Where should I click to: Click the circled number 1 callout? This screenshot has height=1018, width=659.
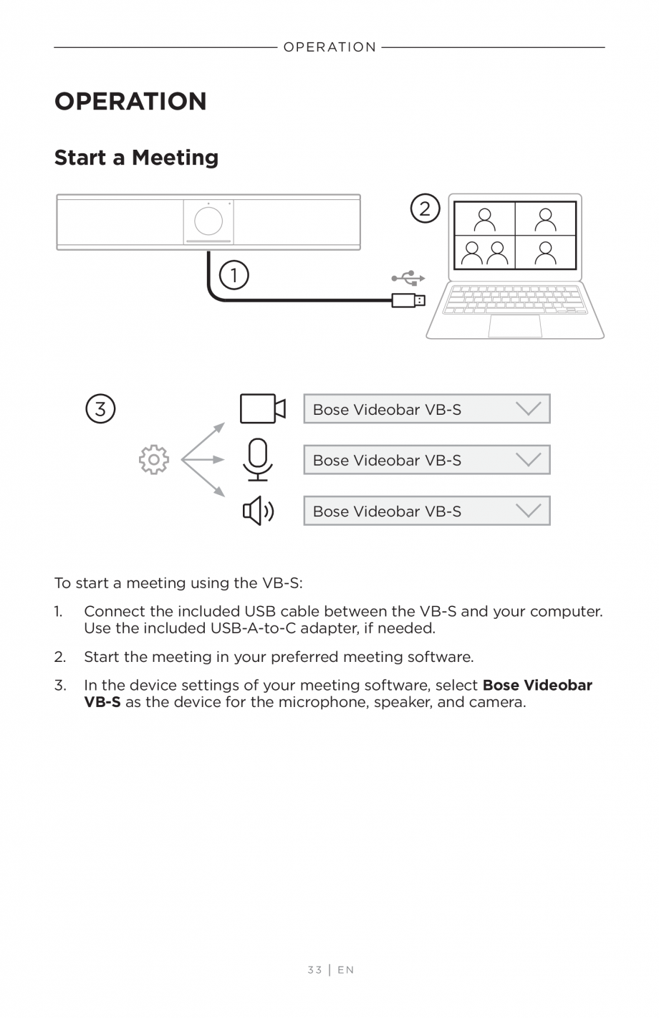click(234, 275)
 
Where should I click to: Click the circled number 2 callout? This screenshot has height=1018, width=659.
click(425, 208)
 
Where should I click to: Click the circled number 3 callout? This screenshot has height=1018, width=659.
click(100, 409)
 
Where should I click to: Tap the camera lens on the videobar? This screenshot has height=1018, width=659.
click(208, 221)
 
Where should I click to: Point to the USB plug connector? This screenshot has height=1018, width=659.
click(408, 300)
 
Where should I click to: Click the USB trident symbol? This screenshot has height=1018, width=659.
click(408, 277)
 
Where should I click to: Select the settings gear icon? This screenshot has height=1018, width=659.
click(154, 460)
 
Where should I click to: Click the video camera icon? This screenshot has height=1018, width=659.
click(262, 409)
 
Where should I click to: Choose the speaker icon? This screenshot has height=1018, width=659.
click(258, 512)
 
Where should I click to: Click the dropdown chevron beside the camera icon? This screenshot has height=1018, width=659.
click(529, 409)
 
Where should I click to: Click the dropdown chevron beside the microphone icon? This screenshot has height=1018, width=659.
click(529, 460)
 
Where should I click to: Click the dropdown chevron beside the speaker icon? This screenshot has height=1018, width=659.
click(529, 511)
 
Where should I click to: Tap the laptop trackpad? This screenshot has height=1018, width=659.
click(515, 326)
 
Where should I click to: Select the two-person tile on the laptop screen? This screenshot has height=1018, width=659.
click(485, 252)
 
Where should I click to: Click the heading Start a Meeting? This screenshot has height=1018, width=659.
click(136, 158)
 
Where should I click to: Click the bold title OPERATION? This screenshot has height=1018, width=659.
click(130, 102)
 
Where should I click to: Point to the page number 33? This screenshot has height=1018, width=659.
click(314, 970)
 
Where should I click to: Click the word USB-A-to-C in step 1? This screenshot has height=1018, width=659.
click(254, 628)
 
